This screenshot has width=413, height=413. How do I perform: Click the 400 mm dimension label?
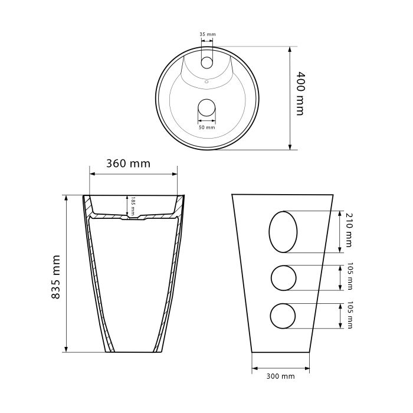click(300, 93)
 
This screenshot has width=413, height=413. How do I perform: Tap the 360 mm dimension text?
click(128, 163)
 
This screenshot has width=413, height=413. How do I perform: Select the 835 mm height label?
click(55, 277)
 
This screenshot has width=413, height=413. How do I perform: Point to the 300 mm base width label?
click(280, 376)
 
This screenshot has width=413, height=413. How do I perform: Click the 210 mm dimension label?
click(348, 230)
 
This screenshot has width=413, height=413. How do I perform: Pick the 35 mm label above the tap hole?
click(207, 34)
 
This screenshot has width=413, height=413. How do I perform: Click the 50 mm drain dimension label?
click(206, 127)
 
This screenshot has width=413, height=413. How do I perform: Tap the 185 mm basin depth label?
click(133, 206)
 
